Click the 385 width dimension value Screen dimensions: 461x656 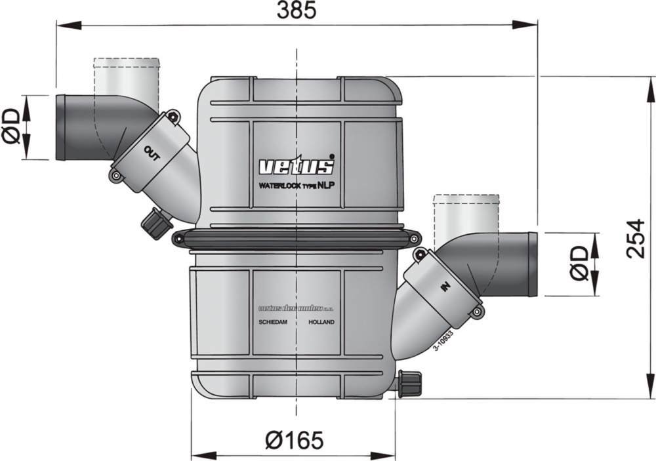(x=297, y=10)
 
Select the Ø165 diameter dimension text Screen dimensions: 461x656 (x=294, y=440)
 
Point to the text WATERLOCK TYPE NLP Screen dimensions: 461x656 (x=296, y=186)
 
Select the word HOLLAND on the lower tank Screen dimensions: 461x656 (x=321, y=323)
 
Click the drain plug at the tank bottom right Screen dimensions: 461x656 (x=410, y=383)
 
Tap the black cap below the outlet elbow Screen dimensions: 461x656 (x=156, y=224)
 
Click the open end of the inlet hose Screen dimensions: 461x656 (x=532, y=264)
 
